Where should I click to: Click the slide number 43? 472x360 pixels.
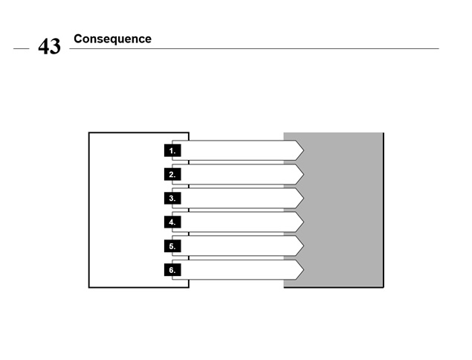coord(49,46)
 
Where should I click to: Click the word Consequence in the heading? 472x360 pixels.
coord(112,39)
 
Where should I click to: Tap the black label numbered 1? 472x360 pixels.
coord(172,150)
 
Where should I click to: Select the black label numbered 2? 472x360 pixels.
coord(172,175)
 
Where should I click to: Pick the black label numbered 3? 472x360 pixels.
coord(172,199)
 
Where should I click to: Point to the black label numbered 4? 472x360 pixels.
coord(172,222)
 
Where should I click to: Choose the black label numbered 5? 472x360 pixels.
coord(172,246)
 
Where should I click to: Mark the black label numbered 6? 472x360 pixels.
coord(172,270)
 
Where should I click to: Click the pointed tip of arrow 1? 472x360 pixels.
coord(304,150)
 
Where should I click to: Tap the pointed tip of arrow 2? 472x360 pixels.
coord(304,175)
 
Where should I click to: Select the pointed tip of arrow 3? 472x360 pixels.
coord(304,199)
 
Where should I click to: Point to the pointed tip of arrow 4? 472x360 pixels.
coord(304,222)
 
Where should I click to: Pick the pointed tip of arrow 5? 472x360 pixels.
coord(304,246)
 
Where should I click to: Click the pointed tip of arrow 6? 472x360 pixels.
coord(304,270)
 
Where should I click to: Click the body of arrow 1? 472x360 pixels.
coord(238,150)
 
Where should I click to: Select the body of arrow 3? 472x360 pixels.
coord(238,199)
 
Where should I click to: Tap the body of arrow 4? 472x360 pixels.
coord(238,222)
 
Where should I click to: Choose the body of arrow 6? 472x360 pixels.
coord(238,270)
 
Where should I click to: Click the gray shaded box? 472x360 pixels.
coord(343,210)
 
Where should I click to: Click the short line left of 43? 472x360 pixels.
coord(22,48)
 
